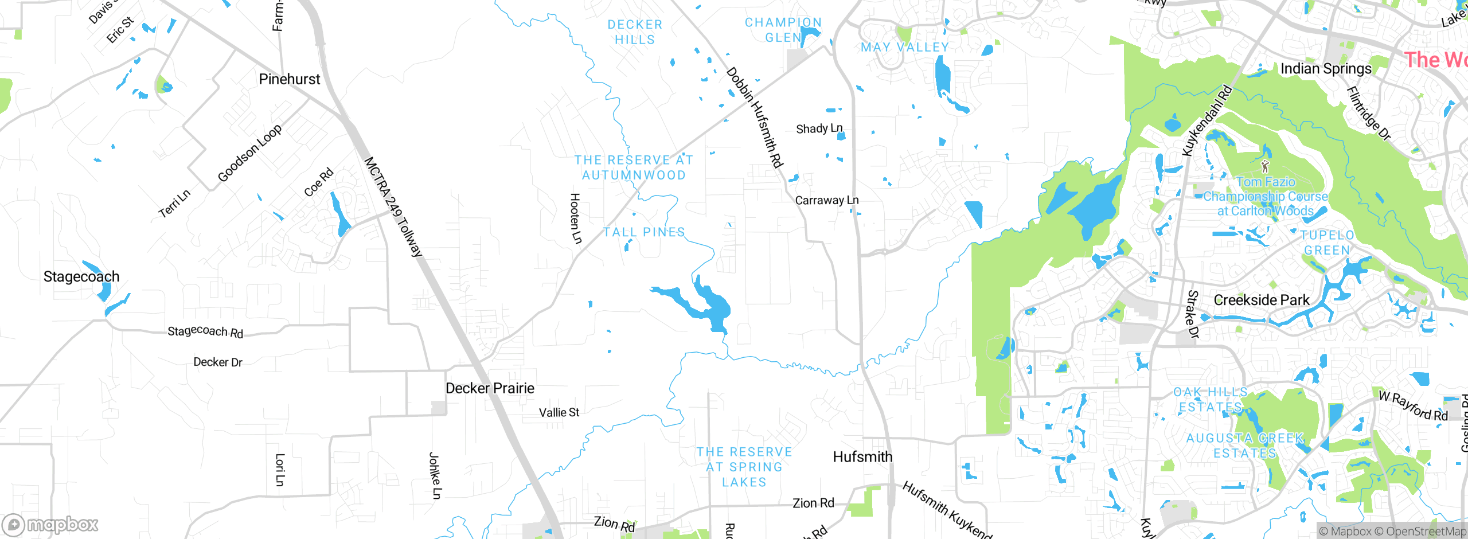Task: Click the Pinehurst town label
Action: coord(289,79)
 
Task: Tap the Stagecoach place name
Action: coord(81,276)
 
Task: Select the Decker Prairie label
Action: coord(490,388)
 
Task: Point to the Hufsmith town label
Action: coord(862,457)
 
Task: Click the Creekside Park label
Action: coord(1262,300)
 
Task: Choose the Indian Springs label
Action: coord(1326,69)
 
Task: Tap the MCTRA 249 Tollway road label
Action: coord(393,206)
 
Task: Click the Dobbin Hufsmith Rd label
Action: coord(755,118)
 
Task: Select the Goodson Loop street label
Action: coord(249,153)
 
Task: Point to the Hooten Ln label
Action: coord(575,218)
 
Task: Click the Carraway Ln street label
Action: coord(826,200)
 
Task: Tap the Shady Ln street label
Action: coord(819,128)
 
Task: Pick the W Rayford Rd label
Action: coord(1413,405)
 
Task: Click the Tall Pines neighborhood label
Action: coord(644,232)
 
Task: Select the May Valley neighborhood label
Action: coord(905,48)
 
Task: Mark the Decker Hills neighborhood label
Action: coord(635,32)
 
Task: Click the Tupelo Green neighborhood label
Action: coord(1327,243)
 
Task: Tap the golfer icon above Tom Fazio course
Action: coord(1265,166)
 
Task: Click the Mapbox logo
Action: coord(50,524)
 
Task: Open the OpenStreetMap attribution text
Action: coord(1426,532)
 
